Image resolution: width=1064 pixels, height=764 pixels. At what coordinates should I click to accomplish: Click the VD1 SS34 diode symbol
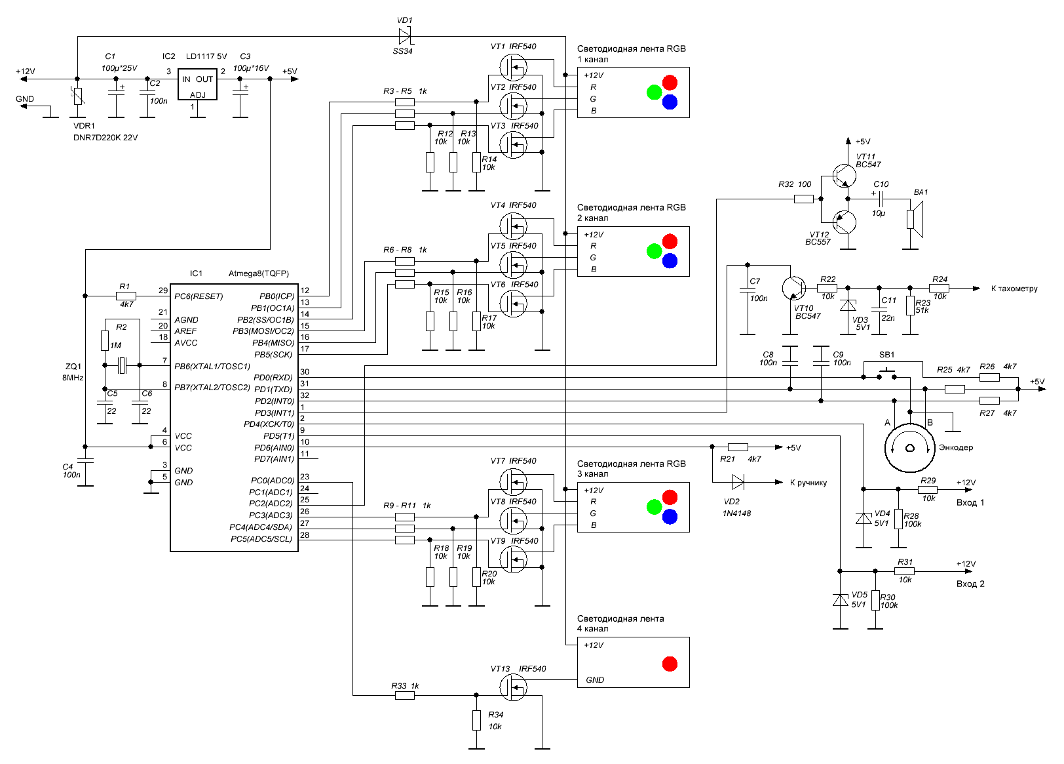click(x=405, y=35)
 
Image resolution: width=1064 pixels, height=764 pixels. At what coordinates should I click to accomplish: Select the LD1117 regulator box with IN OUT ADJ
click(x=198, y=84)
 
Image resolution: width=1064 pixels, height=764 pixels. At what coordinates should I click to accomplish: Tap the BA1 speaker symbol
click(x=915, y=219)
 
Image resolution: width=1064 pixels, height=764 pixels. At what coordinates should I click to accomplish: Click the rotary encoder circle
click(x=909, y=448)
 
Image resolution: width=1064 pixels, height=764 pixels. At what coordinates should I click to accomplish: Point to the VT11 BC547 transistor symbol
click(x=844, y=176)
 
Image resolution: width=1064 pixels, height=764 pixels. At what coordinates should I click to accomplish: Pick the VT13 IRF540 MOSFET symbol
click(x=513, y=687)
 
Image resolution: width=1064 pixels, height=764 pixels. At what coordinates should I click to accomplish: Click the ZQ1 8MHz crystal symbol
click(x=122, y=365)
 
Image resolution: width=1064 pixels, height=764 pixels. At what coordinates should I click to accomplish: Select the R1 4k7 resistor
click(x=126, y=296)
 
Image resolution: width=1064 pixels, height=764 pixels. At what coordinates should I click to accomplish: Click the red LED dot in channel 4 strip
click(x=670, y=664)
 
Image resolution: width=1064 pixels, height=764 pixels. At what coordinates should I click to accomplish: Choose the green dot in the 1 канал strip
click(x=655, y=92)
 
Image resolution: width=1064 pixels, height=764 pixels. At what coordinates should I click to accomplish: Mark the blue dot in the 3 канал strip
click(x=670, y=516)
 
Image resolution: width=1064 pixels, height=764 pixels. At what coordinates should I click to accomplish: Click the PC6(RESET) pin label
click(x=199, y=296)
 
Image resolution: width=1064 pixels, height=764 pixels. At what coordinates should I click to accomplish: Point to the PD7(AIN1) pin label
click(x=274, y=459)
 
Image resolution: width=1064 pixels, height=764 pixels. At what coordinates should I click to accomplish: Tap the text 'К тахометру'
click(x=1014, y=289)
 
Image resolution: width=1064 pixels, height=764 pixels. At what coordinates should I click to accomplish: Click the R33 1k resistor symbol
click(x=405, y=695)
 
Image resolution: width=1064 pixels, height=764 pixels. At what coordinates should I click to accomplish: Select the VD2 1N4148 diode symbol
click(x=738, y=482)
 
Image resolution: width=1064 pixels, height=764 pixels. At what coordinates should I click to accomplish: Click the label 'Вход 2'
click(x=970, y=584)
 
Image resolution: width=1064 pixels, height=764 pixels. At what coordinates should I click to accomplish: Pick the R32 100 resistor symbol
click(x=804, y=199)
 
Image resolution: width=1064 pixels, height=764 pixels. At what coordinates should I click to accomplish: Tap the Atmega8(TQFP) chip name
click(x=258, y=273)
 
